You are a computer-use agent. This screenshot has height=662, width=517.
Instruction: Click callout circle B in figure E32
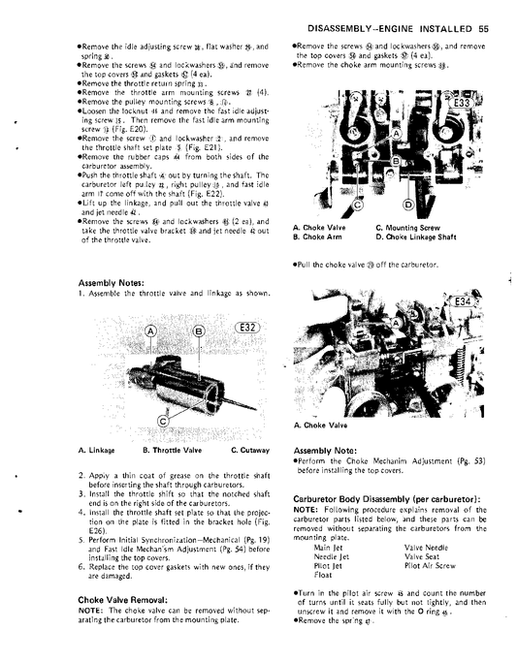pyautogui.click(x=198, y=331)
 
